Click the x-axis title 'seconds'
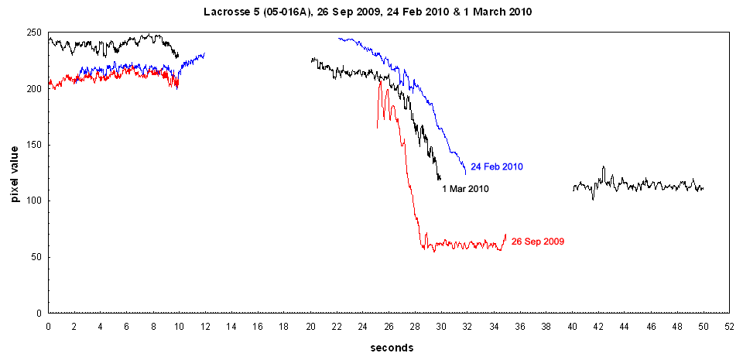point(391,348)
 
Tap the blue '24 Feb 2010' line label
point(497,166)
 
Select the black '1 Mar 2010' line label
point(465,188)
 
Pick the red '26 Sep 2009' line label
point(537,242)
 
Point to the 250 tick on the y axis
point(33,33)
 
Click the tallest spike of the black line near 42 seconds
point(604,166)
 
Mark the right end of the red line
point(505,235)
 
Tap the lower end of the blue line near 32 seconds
point(465,173)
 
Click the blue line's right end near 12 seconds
point(205,53)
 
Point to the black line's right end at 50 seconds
point(703,188)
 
